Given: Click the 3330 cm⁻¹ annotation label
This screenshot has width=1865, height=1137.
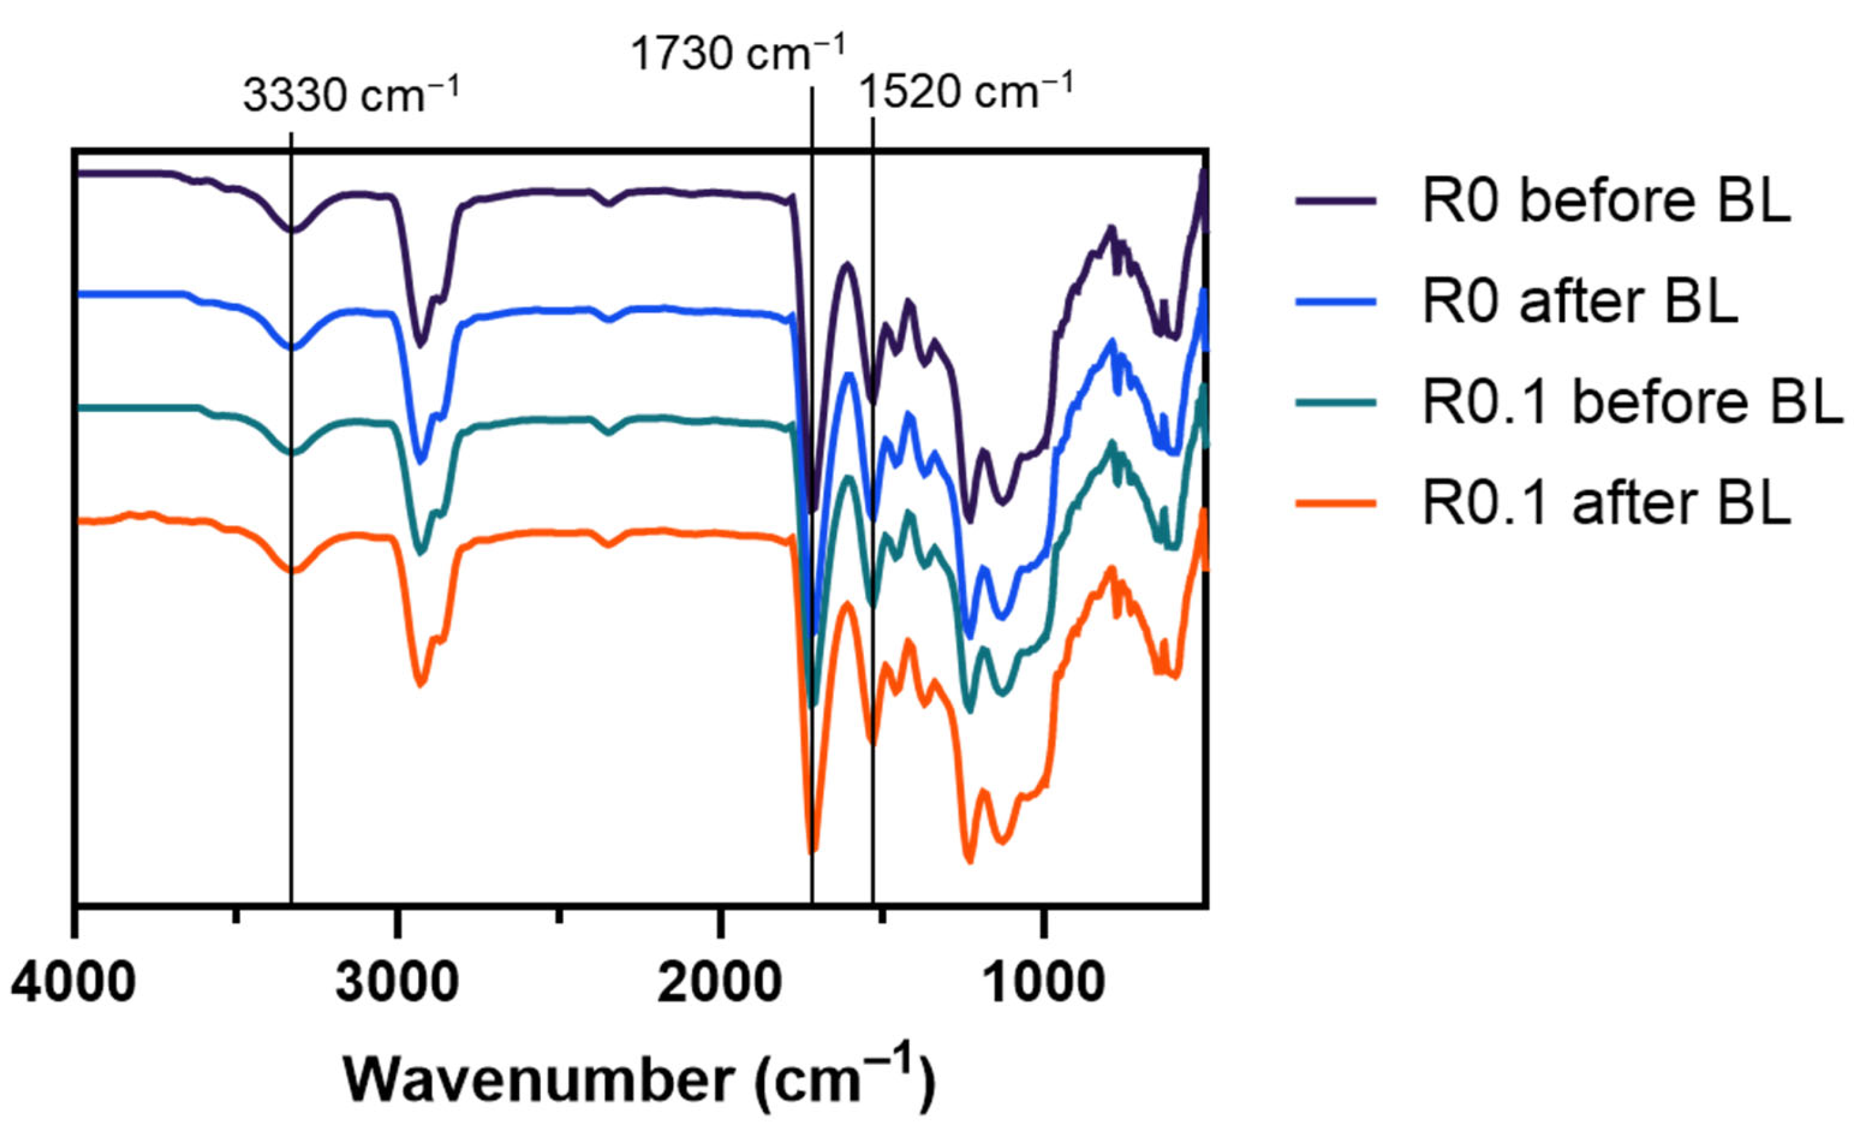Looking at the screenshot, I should (x=351, y=97).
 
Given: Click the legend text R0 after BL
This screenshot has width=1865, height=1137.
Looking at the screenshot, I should (x=1580, y=301).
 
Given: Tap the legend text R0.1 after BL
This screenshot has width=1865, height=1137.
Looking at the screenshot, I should (x=1607, y=503).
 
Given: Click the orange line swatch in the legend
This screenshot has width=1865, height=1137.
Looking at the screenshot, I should (x=1336, y=503).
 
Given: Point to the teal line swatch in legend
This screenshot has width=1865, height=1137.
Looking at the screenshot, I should (x=1336, y=402).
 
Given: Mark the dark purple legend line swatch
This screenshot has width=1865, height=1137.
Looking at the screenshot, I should (x=1336, y=201).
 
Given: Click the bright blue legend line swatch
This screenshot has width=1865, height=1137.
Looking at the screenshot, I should (x=1336, y=301).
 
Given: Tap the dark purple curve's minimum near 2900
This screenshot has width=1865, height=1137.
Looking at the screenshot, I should (x=421, y=344).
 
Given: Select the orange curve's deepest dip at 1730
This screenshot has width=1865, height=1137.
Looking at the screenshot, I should (x=812, y=851).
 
